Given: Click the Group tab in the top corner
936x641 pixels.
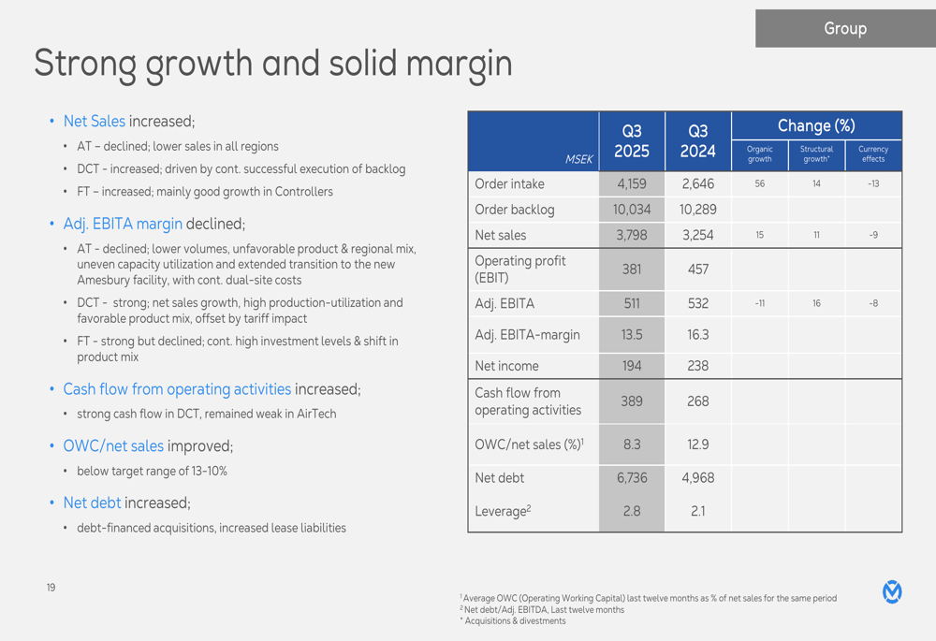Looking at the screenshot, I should click(844, 29).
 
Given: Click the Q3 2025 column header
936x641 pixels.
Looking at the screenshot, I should click(632, 141).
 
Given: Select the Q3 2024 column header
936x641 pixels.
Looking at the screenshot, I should click(697, 141).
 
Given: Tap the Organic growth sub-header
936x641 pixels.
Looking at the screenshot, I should click(759, 153).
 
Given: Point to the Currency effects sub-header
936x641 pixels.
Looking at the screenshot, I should click(872, 153).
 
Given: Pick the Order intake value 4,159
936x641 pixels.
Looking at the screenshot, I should click(632, 184).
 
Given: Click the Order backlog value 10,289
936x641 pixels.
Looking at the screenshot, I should click(697, 210).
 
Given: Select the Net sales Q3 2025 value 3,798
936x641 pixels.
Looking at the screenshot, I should click(632, 235).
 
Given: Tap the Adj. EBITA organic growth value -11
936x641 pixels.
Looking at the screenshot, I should click(759, 303).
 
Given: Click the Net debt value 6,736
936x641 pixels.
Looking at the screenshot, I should click(632, 477).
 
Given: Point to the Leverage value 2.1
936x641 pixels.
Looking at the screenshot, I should click(697, 511).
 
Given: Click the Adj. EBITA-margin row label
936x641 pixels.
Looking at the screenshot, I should click(527, 334).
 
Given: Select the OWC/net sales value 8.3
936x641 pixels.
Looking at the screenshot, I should click(632, 444).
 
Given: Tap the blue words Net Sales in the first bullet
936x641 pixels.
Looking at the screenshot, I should click(94, 122).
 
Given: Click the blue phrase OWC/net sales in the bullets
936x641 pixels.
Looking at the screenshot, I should click(113, 446).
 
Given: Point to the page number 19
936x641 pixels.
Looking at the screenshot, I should click(51, 588).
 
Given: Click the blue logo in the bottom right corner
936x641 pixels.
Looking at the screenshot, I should click(892, 591).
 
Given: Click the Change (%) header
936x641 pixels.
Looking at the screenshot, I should click(816, 125).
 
